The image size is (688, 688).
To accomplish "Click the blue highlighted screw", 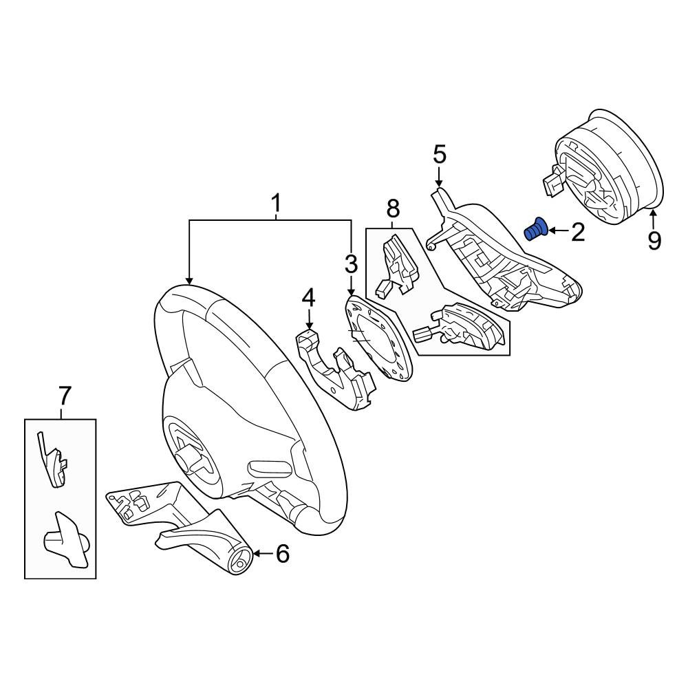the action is (x=536, y=229).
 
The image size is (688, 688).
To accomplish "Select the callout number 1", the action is (x=276, y=204).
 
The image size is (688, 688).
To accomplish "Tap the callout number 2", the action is (x=578, y=232).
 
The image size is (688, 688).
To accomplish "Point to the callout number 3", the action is (x=351, y=264).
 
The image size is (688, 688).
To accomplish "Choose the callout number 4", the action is (x=308, y=299).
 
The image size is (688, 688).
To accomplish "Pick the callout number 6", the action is (x=283, y=553).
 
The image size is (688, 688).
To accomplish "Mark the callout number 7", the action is (x=65, y=396).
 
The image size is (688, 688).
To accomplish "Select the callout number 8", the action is (x=393, y=208).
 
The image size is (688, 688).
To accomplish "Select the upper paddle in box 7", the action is (x=53, y=461).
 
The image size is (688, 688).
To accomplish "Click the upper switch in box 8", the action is (x=396, y=264).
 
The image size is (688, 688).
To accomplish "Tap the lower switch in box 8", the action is (x=458, y=327).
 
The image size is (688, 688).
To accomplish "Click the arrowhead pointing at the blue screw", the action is (x=550, y=230).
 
